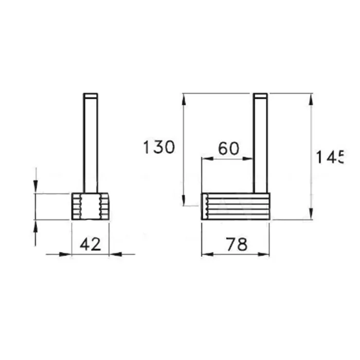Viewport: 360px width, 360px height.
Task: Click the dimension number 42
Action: pyautogui.click(x=90, y=244)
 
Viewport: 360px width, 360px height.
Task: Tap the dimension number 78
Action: pyautogui.click(x=237, y=244)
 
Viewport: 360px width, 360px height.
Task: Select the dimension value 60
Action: pyautogui.click(x=228, y=149)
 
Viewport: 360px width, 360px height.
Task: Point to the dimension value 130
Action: pyautogui.click(x=159, y=147)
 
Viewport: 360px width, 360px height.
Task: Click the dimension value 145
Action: pyautogui.click(x=330, y=157)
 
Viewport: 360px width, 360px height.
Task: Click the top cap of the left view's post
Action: pyautogui.click(x=91, y=96)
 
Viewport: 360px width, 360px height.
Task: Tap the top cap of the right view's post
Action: pyautogui.click(x=260, y=96)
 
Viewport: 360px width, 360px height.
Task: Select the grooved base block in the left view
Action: pyautogui.click(x=90, y=206)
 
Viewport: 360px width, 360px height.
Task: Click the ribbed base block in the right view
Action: pyautogui.click(x=236, y=206)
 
